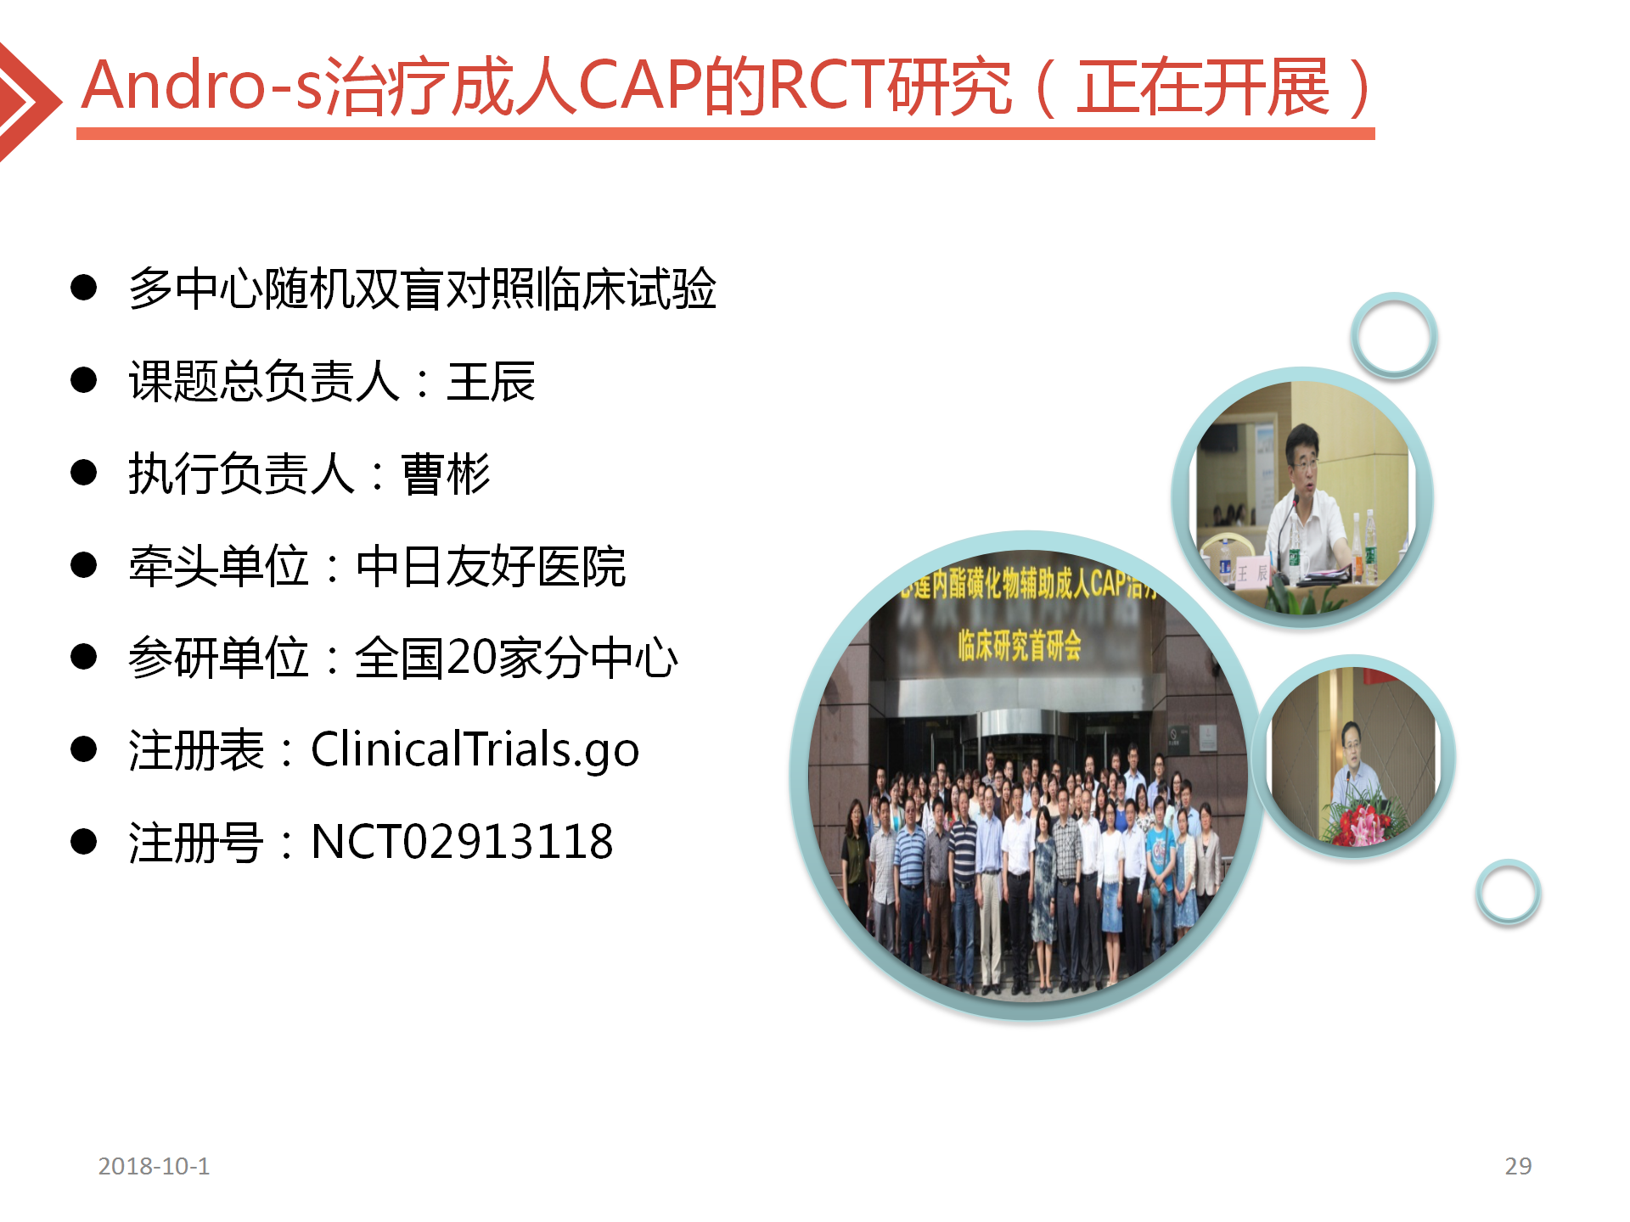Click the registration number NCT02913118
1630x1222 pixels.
462,842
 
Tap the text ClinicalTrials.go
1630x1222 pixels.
475,750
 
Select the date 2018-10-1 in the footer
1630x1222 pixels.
154,1166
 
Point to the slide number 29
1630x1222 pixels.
1518,1166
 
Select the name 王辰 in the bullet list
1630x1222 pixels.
492,382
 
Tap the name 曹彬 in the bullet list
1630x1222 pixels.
446,474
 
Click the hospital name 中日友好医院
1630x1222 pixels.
491,566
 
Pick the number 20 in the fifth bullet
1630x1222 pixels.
472,658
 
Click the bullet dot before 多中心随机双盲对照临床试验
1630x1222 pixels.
84,288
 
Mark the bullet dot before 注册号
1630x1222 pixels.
84,841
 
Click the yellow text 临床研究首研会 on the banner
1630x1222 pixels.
1020,646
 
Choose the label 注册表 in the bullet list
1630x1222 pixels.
196,750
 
